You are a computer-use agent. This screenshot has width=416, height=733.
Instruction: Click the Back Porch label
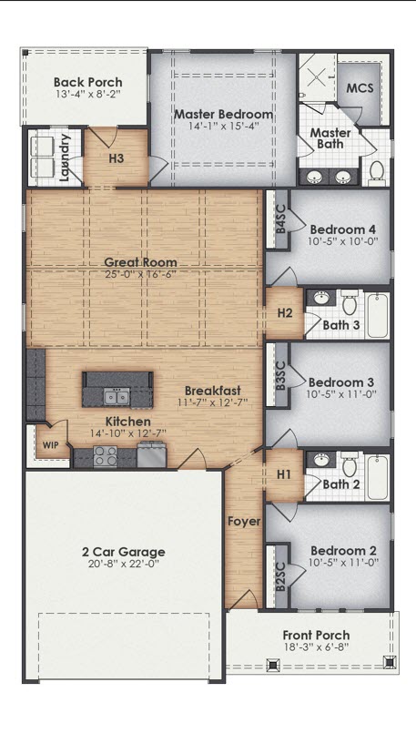(x=87, y=82)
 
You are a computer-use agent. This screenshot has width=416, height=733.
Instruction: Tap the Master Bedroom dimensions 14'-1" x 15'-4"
(x=222, y=127)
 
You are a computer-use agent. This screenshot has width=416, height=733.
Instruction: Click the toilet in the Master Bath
(x=375, y=169)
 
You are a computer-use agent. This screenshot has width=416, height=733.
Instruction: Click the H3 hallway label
(x=117, y=158)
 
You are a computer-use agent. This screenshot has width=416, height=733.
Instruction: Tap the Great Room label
(x=146, y=261)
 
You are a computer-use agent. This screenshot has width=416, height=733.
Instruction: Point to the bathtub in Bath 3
(x=376, y=315)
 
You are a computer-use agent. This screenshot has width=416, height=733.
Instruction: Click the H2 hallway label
(x=285, y=313)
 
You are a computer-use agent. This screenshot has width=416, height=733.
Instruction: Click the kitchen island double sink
(x=116, y=395)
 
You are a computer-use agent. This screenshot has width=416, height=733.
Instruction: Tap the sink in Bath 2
(x=321, y=461)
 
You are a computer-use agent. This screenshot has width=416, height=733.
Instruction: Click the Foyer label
(x=244, y=522)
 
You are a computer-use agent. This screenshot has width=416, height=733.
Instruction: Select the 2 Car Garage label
(x=123, y=551)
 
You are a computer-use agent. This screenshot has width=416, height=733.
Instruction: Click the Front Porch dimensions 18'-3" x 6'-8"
(x=315, y=648)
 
